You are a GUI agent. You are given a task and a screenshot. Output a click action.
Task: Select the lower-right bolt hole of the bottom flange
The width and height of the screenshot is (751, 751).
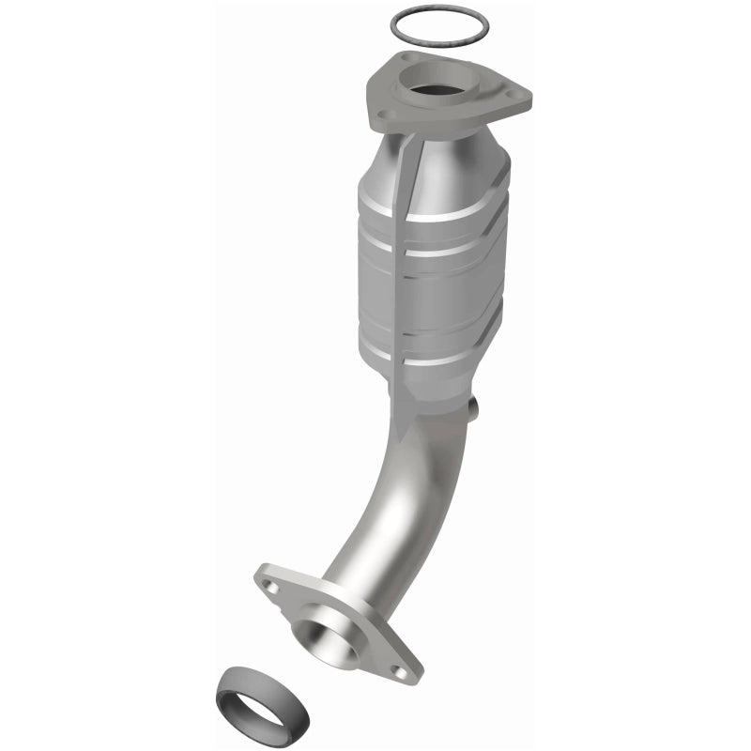click(x=403, y=671)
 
